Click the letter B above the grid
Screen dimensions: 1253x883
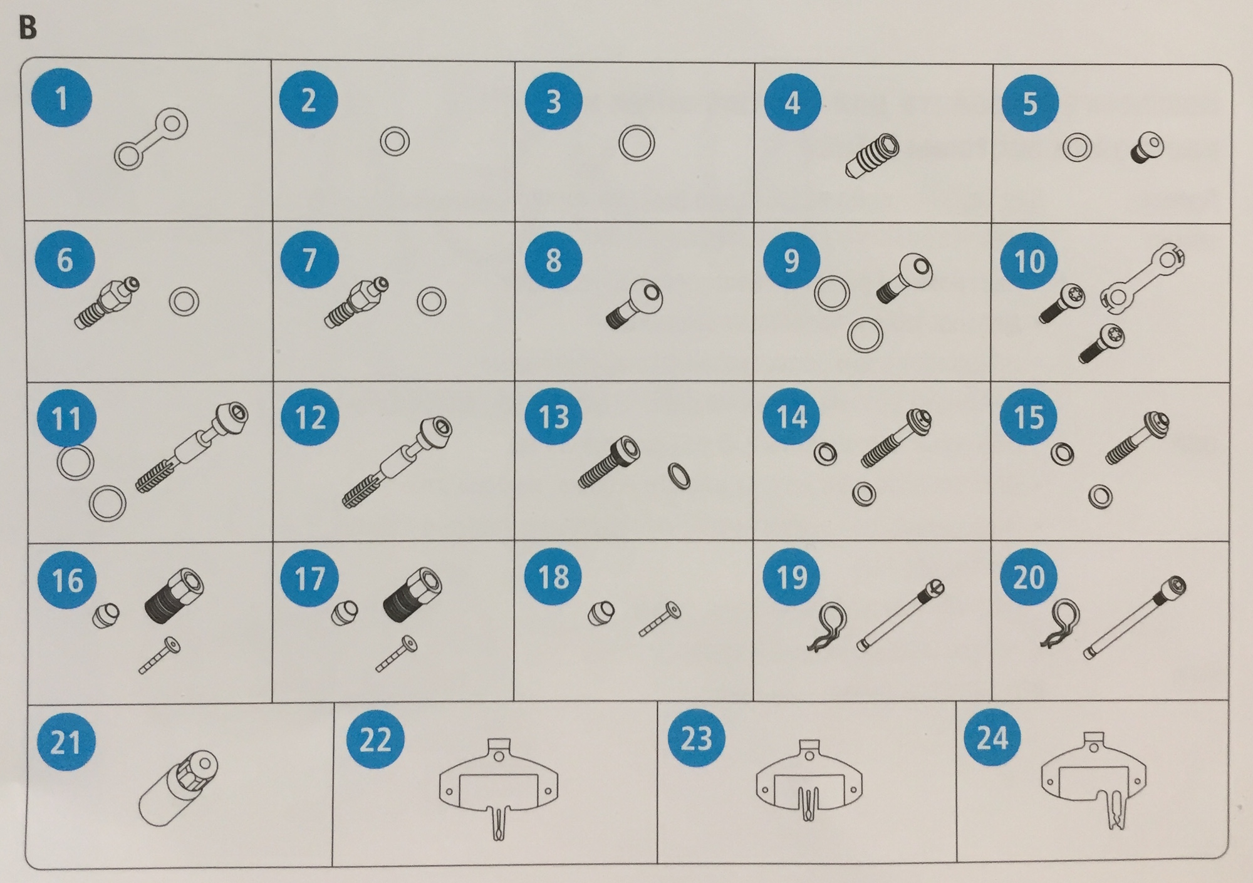coord(28,28)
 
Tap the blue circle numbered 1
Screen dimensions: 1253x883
coord(61,98)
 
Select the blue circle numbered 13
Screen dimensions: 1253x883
coord(553,417)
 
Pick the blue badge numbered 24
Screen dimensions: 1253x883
coord(992,737)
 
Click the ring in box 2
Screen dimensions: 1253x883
coord(395,142)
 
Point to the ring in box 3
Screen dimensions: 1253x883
coord(637,143)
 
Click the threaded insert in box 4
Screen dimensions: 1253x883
coord(871,156)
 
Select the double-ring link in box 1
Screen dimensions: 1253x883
coord(151,139)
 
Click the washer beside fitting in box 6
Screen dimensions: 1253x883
coord(184,302)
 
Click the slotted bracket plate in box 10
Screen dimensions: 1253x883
coord(1143,277)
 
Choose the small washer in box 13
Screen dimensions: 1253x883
coord(680,476)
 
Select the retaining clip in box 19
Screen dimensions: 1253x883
coord(827,627)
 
